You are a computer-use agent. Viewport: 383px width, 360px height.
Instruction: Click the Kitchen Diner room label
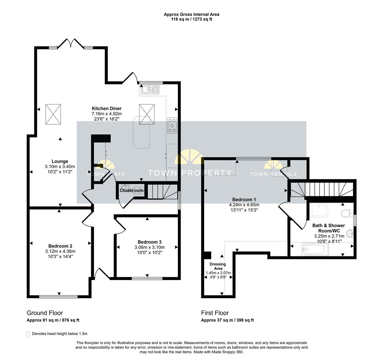[107, 109]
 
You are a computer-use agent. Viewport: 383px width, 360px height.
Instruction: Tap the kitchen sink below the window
[150, 90]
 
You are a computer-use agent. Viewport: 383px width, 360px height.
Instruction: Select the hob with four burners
[172, 125]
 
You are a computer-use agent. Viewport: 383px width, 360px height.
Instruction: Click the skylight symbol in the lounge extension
[53, 114]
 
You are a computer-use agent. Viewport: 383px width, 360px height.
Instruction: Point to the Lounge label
[60, 161]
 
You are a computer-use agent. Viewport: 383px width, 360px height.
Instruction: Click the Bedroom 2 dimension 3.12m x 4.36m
[60, 251]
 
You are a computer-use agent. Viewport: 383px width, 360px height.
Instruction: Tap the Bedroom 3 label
[150, 242]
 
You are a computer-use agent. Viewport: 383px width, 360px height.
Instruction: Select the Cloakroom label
[132, 190]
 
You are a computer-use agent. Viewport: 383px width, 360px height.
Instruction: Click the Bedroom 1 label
[244, 199]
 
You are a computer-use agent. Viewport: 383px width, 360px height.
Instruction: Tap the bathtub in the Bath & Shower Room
[315, 249]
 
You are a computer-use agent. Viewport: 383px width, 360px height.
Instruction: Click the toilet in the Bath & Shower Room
[347, 213]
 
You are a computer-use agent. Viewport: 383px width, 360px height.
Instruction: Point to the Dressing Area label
[218, 266]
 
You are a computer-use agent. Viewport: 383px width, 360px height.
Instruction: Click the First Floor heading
[215, 313]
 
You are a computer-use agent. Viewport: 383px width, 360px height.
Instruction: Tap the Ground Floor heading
[45, 313]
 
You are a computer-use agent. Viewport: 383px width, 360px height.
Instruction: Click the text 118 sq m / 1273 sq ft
[191, 19]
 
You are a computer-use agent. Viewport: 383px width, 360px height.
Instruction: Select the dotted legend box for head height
[28, 335]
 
